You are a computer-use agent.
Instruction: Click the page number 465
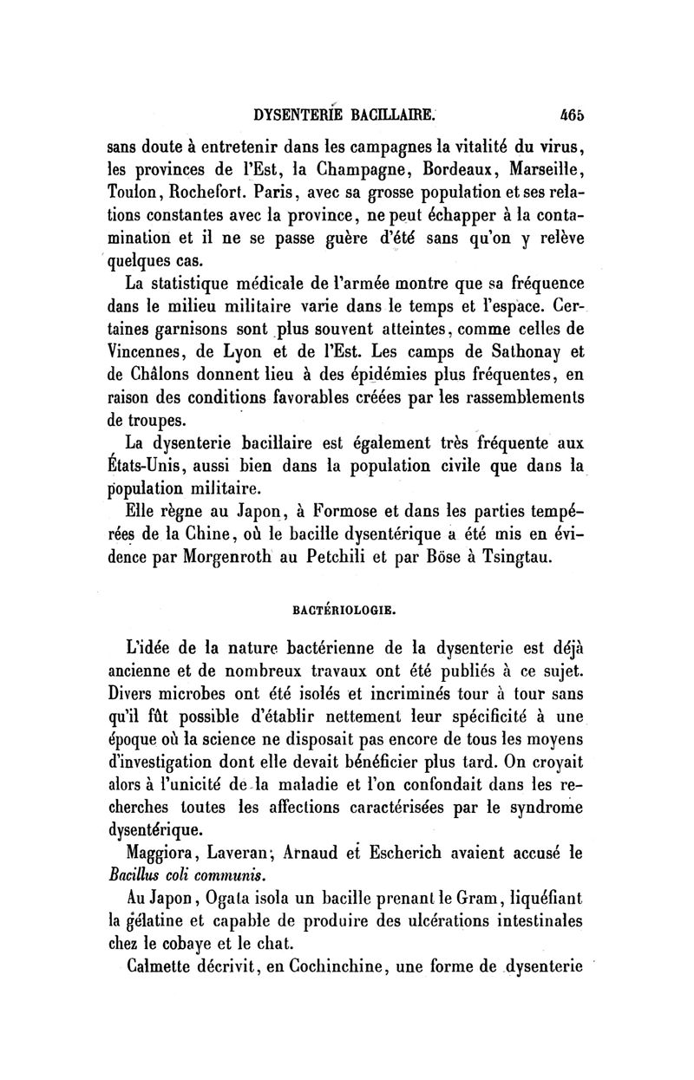tap(573, 113)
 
